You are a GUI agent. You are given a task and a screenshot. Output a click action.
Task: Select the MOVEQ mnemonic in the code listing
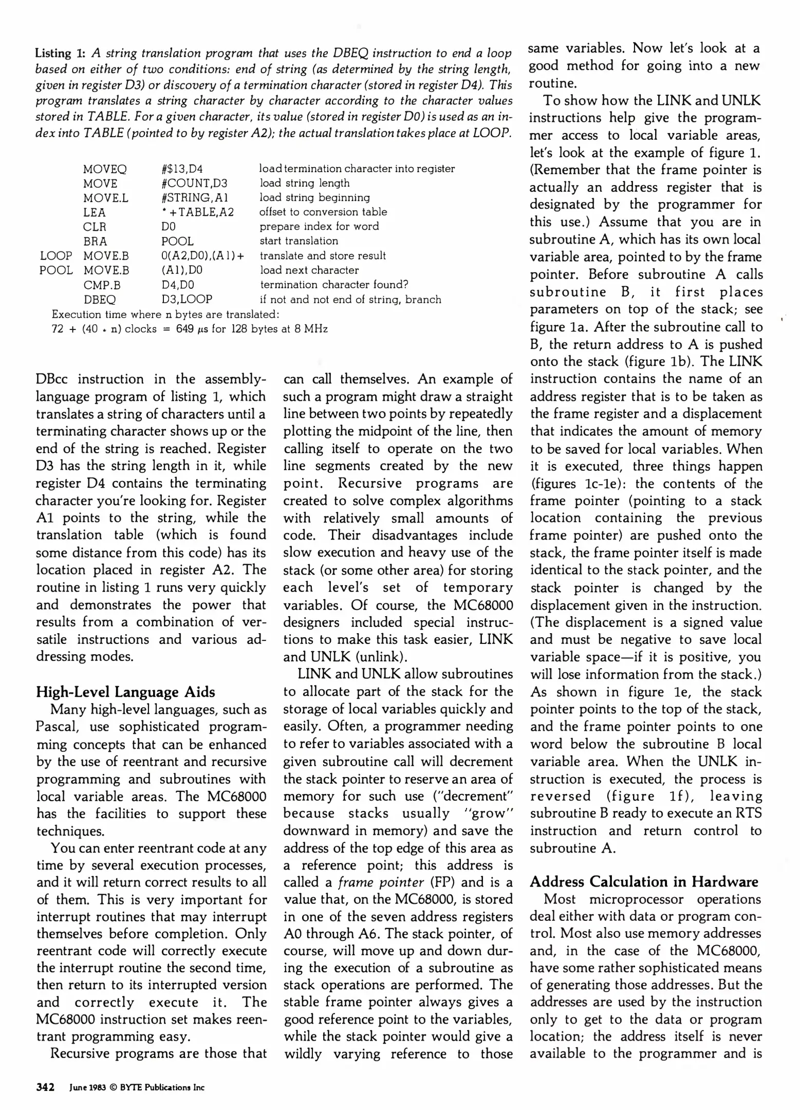105,169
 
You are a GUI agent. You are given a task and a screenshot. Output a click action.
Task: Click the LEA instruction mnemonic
95,212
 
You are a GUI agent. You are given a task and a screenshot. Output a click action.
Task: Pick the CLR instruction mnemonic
95,227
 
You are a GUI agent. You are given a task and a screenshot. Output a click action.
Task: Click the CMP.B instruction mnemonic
102,285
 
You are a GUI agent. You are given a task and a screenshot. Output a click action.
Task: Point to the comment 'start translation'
299,241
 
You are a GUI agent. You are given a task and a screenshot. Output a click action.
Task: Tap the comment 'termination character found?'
334,285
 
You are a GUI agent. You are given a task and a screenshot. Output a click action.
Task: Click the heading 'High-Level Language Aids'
125,692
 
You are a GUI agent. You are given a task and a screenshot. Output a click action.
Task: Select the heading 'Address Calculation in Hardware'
644,882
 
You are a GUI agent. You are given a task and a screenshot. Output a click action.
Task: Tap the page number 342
45,1087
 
